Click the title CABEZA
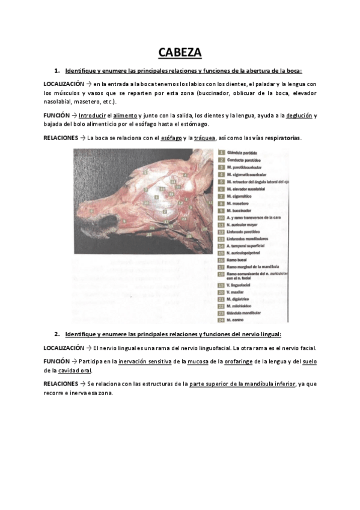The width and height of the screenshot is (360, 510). point(180,53)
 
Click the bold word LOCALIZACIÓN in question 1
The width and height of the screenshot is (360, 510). point(64,84)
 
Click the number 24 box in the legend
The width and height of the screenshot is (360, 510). point(222,319)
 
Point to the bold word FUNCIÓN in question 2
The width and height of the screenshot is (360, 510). point(56,361)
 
